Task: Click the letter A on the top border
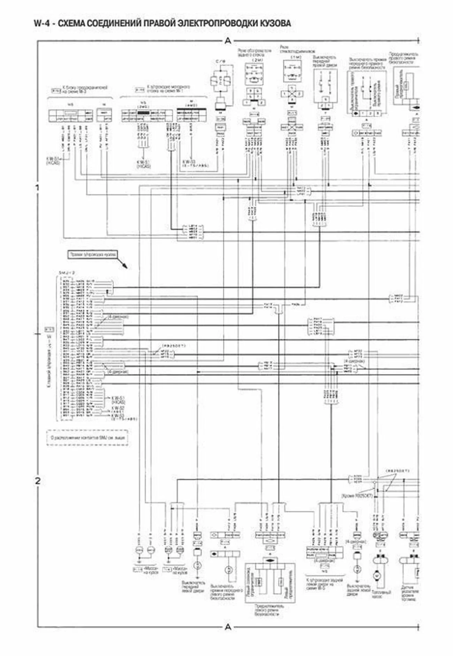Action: (x=228, y=41)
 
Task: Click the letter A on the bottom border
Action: (x=228, y=627)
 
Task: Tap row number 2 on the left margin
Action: (x=38, y=481)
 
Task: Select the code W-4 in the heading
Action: (x=41, y=23)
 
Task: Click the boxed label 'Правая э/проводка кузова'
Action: (x=92, y=255)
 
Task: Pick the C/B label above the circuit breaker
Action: (x=221, y=62)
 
